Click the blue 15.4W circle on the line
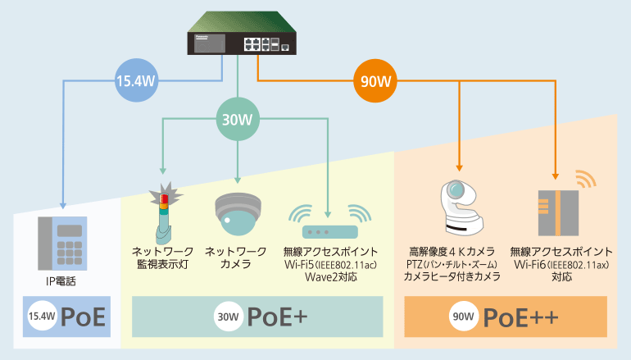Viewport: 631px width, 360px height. [x=135, y=80]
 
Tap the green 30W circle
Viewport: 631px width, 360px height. [x=238, y=120]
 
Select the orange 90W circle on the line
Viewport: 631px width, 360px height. [x=375, y=80]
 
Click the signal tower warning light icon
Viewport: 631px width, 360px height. [x=164, y=210]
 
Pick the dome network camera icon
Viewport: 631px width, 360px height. [x=238, y=216]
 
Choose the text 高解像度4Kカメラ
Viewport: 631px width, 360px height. [x=452, y=250]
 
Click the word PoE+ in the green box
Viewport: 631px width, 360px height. [x=275, y=316]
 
